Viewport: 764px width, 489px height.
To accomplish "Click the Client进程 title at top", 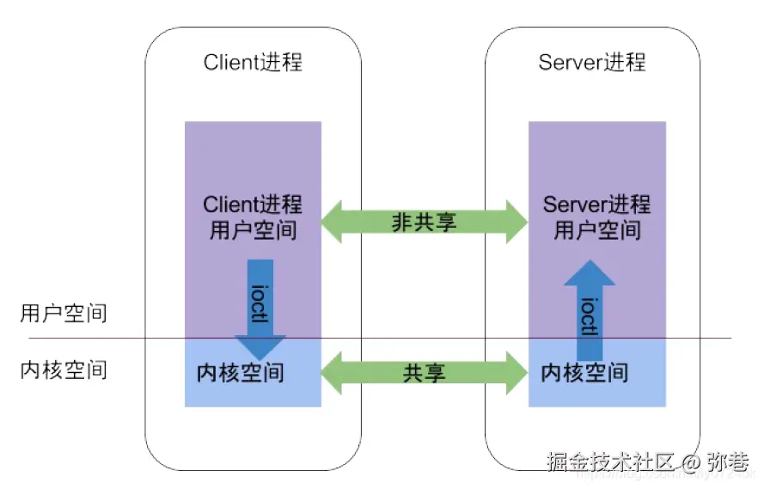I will pos(253,63).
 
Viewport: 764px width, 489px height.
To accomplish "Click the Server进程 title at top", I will pos(592,63).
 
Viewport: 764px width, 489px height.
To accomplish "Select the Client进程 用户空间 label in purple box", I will pos(253,217).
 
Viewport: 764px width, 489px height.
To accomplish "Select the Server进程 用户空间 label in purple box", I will pos(596,217).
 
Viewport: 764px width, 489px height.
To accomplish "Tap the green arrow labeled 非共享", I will pos(424,222).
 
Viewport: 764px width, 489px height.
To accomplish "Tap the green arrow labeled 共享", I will pos(424,373).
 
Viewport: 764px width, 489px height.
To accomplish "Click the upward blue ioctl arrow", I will pos(590,309).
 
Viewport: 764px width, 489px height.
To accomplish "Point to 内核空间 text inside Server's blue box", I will pos(584,373).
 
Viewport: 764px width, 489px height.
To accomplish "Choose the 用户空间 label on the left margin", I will pos(63,313).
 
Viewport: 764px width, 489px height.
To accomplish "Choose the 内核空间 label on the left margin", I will pos(63,370).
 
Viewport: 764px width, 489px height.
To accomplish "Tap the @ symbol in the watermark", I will pos(695,462).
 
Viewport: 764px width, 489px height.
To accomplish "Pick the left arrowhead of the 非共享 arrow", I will pos(331,222).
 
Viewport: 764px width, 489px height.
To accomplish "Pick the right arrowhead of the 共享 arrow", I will pos(517,373).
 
